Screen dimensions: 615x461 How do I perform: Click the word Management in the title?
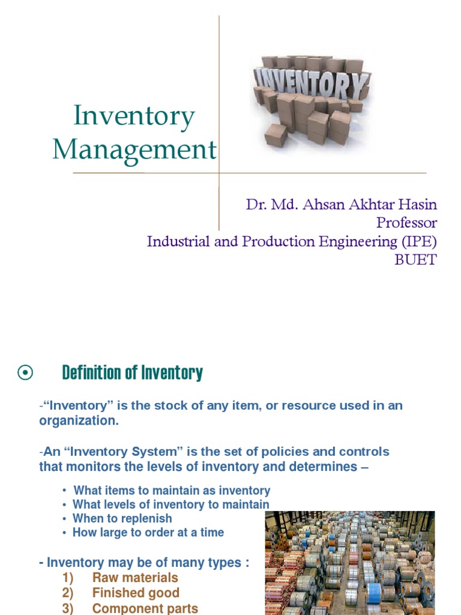134,149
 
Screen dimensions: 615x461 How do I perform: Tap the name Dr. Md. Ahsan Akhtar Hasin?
342,204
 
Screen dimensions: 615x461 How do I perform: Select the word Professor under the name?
406,223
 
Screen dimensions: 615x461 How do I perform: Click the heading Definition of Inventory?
132,373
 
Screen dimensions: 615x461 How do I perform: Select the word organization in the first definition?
79,420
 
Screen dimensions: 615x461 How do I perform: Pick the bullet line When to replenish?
122,518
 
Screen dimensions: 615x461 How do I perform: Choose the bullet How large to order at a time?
148,532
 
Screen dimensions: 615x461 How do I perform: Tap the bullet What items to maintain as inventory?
172,491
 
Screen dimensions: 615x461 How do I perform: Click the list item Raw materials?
135,578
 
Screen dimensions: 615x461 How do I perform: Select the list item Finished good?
136,593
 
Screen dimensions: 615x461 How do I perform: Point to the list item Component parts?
145,608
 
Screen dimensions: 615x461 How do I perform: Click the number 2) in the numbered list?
67,593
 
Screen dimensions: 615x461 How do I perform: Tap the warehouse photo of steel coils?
349,562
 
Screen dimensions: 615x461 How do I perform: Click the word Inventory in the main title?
134,116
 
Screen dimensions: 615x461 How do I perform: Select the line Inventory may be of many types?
144,563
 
